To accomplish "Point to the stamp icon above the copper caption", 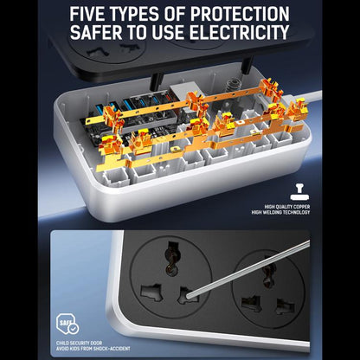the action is click(299, 192).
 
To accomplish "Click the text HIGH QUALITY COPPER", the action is click(287, 207).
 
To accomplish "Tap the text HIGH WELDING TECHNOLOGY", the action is click(280, 213).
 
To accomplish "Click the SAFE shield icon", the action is click(67, 324).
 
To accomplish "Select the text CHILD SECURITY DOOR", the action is click(79, 344).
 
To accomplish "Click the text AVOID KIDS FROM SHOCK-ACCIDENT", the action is click(93, 349).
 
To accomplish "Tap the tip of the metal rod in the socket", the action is click(189, 295).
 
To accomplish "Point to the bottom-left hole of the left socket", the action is click(151, 292).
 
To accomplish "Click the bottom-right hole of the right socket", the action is click(285, 307).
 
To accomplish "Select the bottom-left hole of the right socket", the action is click(252, 304).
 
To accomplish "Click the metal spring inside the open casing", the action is click(231, 86).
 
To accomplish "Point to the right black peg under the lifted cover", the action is click(247, 65).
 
